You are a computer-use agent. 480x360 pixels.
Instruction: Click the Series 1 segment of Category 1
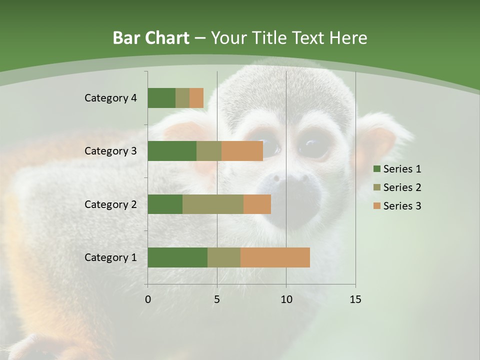click(177, 257)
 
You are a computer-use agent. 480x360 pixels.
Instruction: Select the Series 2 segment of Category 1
click(224, 257)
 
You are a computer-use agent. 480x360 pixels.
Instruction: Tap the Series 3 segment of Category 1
click(275, 257)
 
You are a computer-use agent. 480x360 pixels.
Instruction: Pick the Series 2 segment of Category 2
click(213, 204)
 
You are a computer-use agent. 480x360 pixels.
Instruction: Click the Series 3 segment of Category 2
click(257, 204)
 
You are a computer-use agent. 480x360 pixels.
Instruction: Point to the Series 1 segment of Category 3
click(172, 151)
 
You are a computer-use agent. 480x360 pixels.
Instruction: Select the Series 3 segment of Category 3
click(242, 151)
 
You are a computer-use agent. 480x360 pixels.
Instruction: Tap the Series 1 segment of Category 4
click(161, 98)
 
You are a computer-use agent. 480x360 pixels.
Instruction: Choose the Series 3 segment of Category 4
click(196, 98)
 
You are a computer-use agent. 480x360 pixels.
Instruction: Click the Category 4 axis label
click(110, 98)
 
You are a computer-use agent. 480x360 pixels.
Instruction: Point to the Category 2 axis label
click(110, 204)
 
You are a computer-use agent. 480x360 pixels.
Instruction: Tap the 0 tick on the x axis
click(148, 299)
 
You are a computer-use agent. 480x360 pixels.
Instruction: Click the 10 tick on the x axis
click(286, 299)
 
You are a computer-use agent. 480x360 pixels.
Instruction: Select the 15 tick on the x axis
click(355, 299)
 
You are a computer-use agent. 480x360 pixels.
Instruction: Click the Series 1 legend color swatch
click(376, 169)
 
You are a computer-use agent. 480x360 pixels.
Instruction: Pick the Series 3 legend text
click(402, 206)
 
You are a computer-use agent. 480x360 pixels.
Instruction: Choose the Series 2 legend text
click(402, 187)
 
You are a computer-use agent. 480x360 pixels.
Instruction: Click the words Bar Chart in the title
click(151, 38)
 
